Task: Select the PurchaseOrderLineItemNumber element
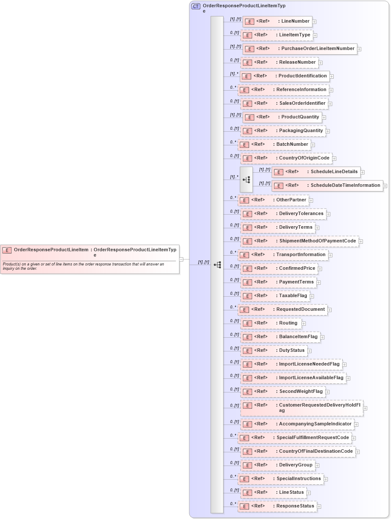tap(300, 49)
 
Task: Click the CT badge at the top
tap(196, 6)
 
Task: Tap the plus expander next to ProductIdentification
tap(332, 77)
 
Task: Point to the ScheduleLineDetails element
tap(316, 172)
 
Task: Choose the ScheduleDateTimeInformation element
tap(327, 186)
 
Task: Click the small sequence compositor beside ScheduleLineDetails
tap(246, 180)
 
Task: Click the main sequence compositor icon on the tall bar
tap(218, 265)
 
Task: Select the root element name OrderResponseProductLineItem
tap(51, 250)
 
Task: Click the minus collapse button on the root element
tap(181, 259)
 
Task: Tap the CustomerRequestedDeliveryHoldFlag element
tap(302, 408)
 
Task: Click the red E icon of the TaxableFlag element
tap(247, 296)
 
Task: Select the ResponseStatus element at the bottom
tap(278, 506)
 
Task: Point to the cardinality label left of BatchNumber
tap(233, 142)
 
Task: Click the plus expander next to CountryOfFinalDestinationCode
tap(358, 452)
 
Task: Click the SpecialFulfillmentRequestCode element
tap(295, 438)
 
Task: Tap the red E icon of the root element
tap(7, 251)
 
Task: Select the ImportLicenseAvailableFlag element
tap(294, 378)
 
